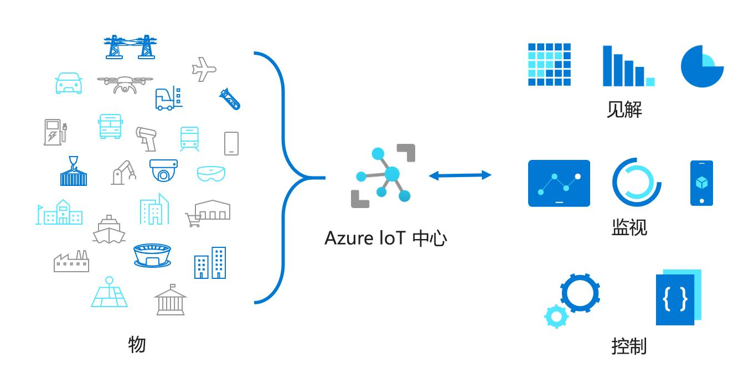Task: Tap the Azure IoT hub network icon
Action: pos(383,176)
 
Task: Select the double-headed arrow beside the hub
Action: pos(460,175)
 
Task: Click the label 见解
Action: pos(624,110)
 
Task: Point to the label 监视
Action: pos(629,227)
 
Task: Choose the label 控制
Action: pos(629,346)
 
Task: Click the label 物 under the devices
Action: pos(137,344)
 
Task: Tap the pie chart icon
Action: pos(701,66)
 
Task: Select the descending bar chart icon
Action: pos(628,66)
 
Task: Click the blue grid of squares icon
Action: pos(549,65)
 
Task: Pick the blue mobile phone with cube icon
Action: pos(701,183)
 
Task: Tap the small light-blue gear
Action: pos(556,316)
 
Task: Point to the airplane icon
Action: pos(203,69)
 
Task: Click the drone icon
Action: pos(125,84)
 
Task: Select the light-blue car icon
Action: pos(69,83)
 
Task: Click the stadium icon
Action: pos(152,255)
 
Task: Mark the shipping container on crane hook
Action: pos(73,172)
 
